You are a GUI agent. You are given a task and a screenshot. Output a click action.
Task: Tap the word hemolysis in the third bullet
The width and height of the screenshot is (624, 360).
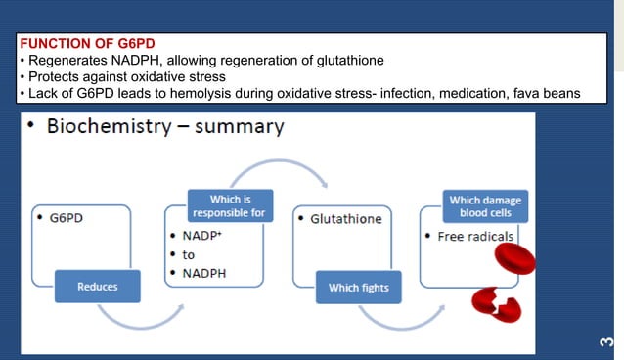[204, 93]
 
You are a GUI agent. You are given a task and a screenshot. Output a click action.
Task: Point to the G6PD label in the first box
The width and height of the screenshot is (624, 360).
[66, 218]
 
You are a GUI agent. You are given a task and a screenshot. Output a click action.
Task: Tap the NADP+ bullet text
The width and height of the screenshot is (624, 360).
[203, 237]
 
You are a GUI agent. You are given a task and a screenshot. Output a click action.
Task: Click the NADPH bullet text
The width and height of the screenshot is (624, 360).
[206, 274]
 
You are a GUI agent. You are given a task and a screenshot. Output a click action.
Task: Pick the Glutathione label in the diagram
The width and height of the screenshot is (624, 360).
[345, 219]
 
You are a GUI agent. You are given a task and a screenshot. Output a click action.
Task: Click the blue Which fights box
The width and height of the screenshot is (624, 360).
[358, 288]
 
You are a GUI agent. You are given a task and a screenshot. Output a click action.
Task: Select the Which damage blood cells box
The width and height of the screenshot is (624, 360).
[484, 206]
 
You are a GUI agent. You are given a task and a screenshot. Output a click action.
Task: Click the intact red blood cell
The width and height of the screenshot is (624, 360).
[514, 258]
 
